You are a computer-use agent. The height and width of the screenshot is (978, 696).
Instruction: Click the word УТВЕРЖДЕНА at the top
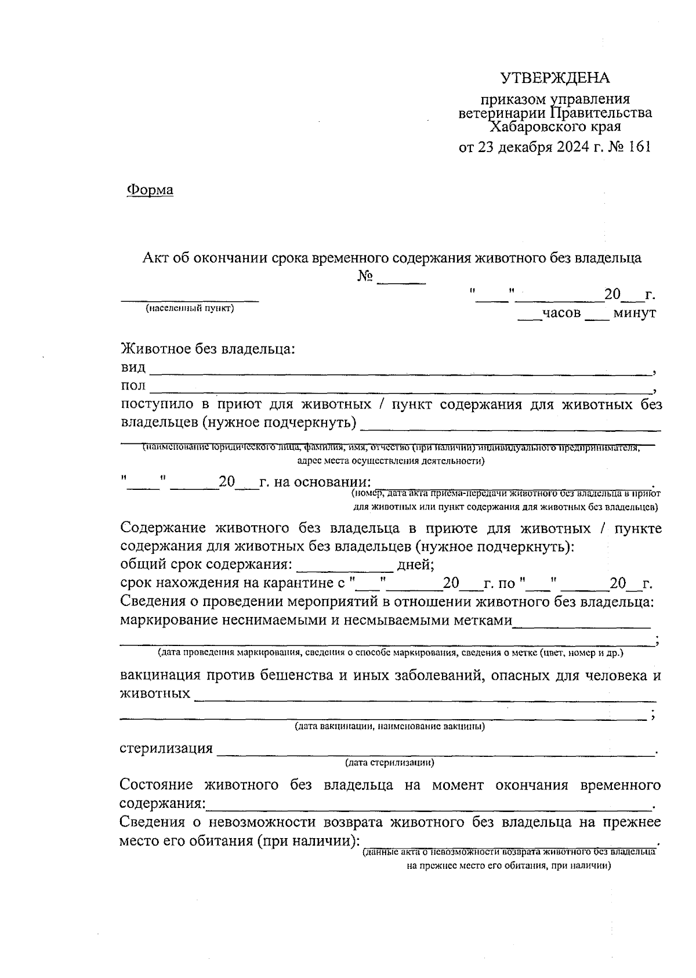point(555,78)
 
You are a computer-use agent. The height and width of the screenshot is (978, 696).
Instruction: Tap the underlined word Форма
point(150,190)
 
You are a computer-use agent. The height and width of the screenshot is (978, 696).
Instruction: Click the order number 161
point(639,146)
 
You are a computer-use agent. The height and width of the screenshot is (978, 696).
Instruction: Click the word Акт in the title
point(155,258)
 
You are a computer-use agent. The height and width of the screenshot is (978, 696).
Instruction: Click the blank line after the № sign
point(401,281)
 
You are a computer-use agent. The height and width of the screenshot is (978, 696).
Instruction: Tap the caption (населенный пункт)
point(190,308)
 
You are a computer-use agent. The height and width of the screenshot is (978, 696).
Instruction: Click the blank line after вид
point(400,371)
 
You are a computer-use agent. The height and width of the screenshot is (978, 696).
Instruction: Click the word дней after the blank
point(415,565)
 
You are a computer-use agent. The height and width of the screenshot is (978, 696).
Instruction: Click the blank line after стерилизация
point(435,752)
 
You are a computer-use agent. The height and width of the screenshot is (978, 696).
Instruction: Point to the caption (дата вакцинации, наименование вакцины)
point(389,726)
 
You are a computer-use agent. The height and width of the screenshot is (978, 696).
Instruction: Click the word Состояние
point(157,785)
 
